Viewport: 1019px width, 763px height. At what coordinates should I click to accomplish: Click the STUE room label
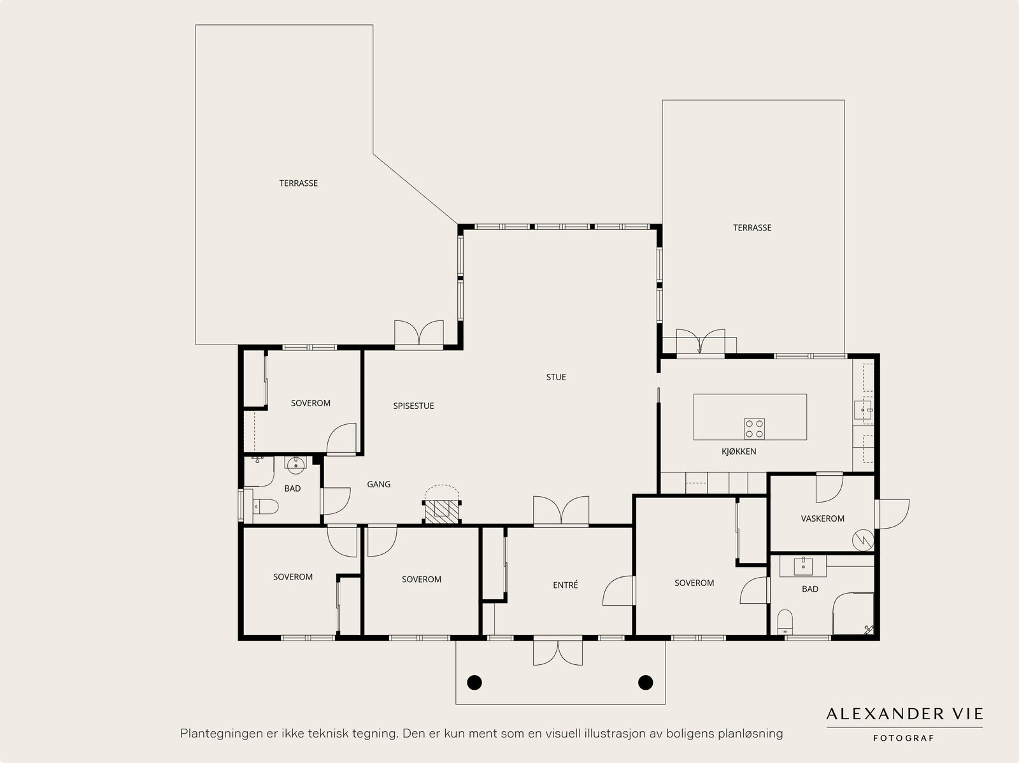[556, 377]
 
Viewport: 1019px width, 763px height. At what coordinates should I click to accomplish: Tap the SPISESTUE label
[413, 406]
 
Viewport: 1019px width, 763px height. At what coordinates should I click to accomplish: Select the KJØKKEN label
[739, 451]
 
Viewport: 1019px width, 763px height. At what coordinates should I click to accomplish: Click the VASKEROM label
[822, 518]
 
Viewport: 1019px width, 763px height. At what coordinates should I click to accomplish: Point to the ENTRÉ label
[565, 585]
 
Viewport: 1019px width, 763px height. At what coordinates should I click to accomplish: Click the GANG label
[378, 484]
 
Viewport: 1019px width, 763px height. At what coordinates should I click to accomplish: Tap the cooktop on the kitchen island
[754, 429]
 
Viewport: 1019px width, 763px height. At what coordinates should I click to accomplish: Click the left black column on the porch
[474, 682]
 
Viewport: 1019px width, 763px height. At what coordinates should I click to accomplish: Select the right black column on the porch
[645, 682]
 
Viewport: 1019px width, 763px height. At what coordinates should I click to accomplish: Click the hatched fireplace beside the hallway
[441, 512]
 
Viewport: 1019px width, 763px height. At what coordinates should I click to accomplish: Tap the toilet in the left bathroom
[265, 506]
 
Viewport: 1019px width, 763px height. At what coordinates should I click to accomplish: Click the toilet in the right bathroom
[785, 622]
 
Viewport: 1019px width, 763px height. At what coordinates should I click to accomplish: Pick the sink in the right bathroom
[803, 566]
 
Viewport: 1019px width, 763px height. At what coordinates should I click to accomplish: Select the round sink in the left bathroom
[296, 464]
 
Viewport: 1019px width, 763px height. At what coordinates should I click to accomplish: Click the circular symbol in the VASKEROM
[862, 540]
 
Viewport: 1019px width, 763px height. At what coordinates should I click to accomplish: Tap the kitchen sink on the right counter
[863, 410]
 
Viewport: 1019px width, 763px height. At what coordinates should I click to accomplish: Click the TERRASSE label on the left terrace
[299, 183]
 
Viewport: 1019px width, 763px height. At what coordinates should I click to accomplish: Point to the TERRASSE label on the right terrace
[752, 227]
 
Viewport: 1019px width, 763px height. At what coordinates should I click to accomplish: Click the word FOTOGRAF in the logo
[903, 738]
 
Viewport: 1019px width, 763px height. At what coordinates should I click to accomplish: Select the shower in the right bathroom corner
[853, 613]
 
